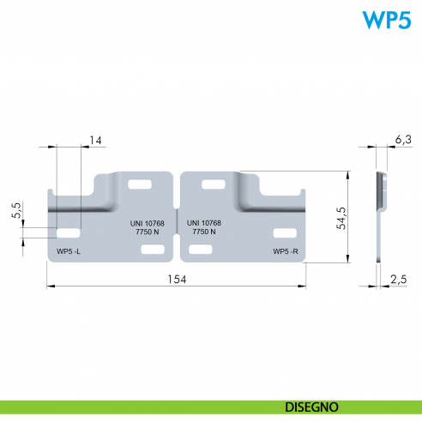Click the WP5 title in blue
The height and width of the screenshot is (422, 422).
(x=387, y=20)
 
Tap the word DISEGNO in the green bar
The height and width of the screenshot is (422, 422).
(x=311, y=407)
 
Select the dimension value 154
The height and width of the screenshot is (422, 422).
(x=177, y=280)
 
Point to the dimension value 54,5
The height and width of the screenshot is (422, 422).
(x=341, y=218)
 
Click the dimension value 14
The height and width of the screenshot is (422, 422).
(x=95, y=141)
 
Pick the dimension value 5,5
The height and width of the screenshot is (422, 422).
(x=16, y=210)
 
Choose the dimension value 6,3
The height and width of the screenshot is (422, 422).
(x=403, y=140)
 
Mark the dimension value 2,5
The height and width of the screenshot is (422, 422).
(x=399, y=280)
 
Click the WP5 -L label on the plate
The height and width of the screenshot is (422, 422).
(x=69, y=251)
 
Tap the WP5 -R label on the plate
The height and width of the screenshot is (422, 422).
(x=286, y=251)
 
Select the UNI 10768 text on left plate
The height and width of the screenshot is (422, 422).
(x=148, y=223)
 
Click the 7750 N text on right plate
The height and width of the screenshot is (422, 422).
(x=204, y=232)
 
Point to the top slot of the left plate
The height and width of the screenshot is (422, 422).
(x=140, y=184)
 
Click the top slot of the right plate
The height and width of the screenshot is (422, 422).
(x=214, y=184)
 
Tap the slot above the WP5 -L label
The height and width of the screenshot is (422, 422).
(x=69, y=233)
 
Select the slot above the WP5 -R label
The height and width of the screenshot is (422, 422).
(x=285, y=233)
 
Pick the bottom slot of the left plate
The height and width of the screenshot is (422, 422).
(x=153, y=250)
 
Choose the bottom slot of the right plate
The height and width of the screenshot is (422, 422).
(x=201, y=250)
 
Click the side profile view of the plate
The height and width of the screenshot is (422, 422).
(x=380, y=217)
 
